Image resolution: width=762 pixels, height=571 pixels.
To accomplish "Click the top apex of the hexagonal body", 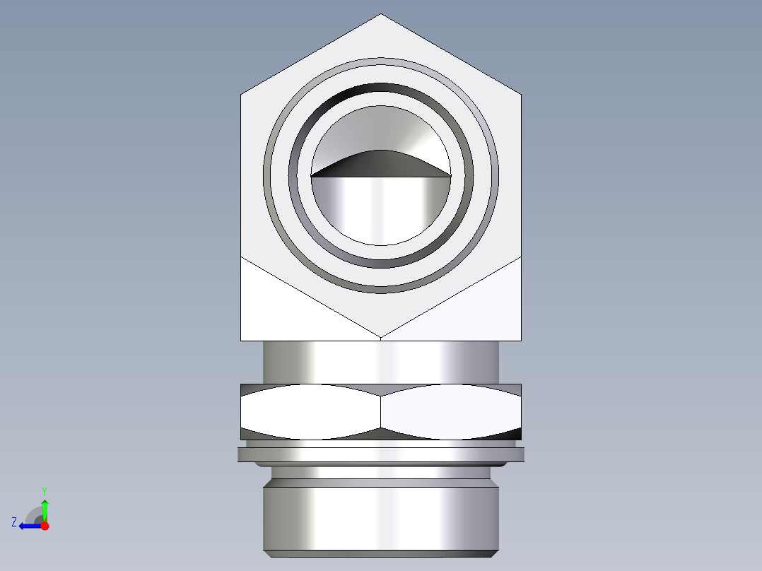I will (x=381, y=15).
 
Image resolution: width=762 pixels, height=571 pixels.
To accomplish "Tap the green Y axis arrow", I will (x=45, y=508).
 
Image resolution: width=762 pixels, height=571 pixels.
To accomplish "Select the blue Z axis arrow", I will (x=28, y=526).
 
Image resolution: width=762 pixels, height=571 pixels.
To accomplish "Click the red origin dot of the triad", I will (x=45, y=526).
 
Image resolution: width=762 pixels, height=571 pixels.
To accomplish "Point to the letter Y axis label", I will (x=45, y=490).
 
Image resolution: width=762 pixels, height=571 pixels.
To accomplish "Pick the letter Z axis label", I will (x=14, y=522).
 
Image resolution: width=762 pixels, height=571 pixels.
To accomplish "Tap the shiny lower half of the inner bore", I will (x=381, y=208).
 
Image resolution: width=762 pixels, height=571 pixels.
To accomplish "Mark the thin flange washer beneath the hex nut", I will (x=381, y=454).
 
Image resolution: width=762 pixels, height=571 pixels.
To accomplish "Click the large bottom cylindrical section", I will (x=381, y=516).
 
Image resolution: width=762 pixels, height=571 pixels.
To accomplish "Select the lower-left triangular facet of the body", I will (x=283, y=311).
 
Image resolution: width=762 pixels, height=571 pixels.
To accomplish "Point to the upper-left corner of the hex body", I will (x=242, y=94).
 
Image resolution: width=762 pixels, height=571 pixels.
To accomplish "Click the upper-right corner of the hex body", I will (x=521, y=94).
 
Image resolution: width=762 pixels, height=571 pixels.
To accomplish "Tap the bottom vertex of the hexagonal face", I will (x=381, y=336).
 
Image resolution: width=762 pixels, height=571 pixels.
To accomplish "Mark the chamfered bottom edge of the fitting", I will (x=381, y=553).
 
